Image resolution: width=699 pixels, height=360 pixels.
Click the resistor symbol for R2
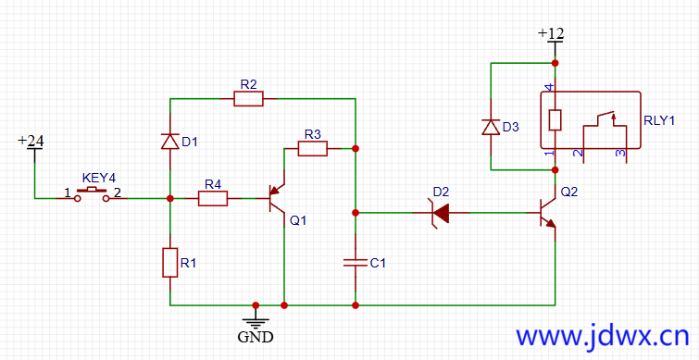tap(248, 98)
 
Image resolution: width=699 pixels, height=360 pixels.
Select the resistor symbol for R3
tap(313, 148)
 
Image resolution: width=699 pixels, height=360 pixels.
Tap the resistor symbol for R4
tap(213, 198)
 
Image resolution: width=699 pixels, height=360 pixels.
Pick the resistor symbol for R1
tap(170, 262)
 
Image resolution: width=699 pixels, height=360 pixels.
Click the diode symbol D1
tap(170, 141)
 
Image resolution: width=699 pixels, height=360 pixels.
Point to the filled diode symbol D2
tap(442, 214)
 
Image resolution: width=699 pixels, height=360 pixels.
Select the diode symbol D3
tap(491, 127)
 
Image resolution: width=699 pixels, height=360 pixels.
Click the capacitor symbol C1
tap(356, 263)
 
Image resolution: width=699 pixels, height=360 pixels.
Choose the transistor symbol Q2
tap(547, 214)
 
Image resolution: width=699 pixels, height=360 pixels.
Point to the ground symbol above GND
tap(255, 319)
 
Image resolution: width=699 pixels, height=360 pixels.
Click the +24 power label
tap(31, 141)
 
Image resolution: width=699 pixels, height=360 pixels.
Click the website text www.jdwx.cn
tap(601, 335)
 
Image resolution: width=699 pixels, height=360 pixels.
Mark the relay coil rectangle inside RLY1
tap(555, 119)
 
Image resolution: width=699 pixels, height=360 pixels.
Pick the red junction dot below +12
tap(555, 63)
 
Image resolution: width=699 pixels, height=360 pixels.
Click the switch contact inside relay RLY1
tap(603, 118)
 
